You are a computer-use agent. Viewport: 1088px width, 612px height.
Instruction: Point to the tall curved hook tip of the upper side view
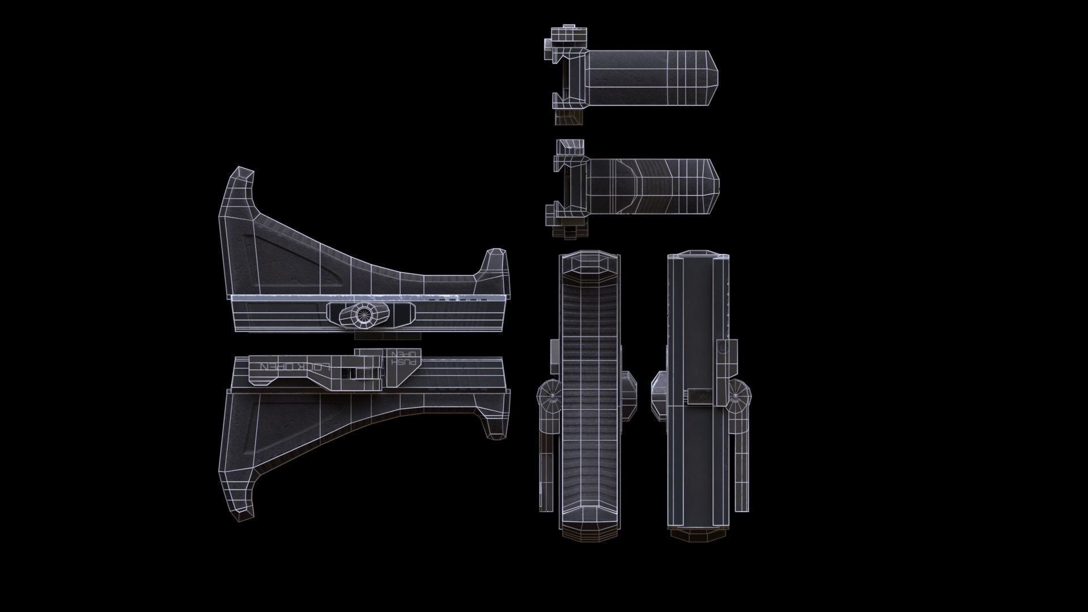(243, 176)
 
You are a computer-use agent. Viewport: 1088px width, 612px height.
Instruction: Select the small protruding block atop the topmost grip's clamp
(567, 34)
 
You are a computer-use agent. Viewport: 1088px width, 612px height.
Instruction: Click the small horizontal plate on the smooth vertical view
(703, 397)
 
